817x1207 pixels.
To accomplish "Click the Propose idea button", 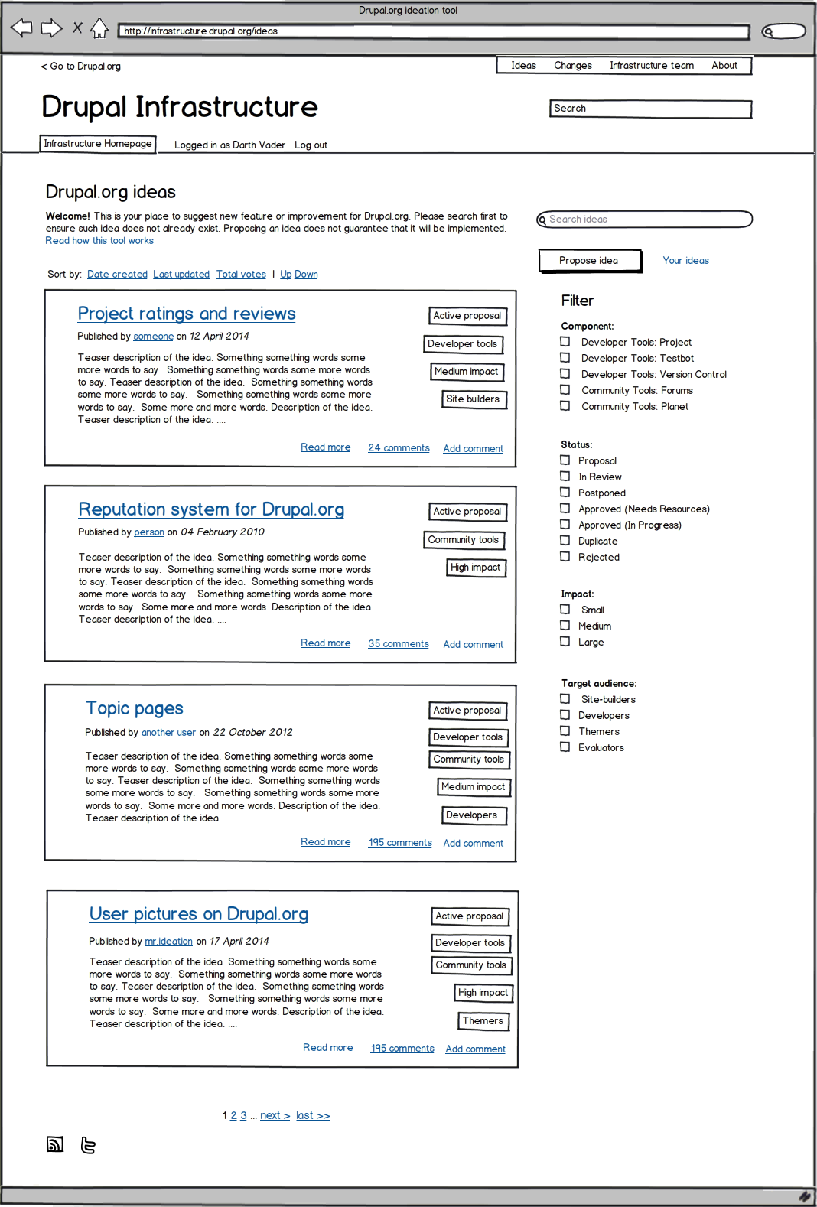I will [589, 261].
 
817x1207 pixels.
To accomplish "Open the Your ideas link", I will [685, 261].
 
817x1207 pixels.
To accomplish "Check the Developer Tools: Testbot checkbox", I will [565, 358].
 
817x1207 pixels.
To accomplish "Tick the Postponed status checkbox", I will [565, 493].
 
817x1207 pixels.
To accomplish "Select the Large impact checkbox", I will [565, 642].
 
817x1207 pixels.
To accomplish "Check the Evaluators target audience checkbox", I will [565, 747].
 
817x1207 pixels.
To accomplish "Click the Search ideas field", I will [645, 220].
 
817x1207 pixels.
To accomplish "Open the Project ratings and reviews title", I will [187, 314].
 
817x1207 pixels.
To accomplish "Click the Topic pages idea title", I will [135, 708].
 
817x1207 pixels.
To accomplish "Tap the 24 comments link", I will [399, 448].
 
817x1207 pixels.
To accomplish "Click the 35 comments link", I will [399, 644].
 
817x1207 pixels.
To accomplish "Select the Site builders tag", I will [473, 399].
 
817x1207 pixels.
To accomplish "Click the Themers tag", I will [483, 1021].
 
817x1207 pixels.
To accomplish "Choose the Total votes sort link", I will [241, 275].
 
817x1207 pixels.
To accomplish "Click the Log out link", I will [311, 145].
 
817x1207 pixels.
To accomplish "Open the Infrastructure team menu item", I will [652, 66].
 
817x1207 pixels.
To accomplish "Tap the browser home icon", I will [99, 29].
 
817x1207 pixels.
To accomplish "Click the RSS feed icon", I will [55, 1144].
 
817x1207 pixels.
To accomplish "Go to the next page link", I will [275, 1116].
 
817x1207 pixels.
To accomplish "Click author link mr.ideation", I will [168, 942].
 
